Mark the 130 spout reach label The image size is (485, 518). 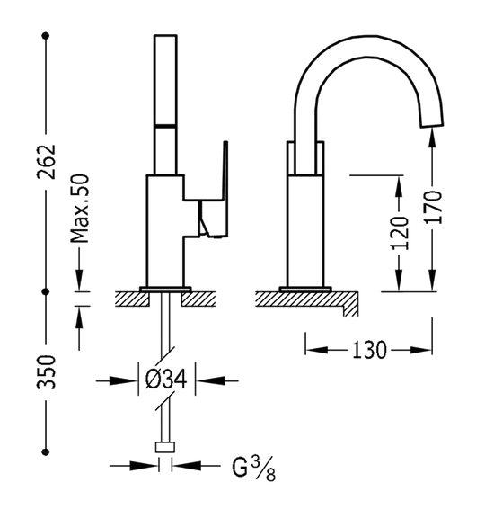point(370,348)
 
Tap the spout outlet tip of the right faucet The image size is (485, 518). point(433,119)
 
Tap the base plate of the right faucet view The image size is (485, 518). point(305,289)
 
